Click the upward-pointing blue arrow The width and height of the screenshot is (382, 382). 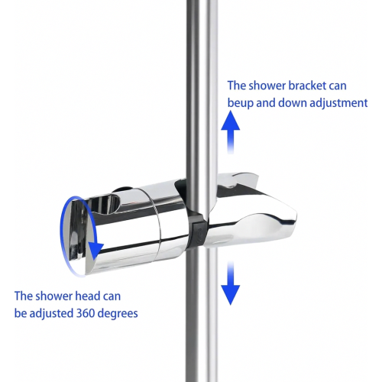231,132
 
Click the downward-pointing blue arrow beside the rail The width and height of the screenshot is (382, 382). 231,283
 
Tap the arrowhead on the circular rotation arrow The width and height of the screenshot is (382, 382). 95,251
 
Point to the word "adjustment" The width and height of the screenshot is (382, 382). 338,103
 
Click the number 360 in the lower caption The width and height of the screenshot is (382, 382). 86,313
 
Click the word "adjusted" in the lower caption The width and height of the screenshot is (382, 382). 51,314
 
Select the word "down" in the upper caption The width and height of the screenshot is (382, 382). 293,103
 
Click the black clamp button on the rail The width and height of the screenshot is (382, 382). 199,232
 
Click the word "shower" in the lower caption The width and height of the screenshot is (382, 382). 54,296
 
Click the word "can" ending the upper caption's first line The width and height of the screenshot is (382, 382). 338,86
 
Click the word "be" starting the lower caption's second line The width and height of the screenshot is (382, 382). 21,313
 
